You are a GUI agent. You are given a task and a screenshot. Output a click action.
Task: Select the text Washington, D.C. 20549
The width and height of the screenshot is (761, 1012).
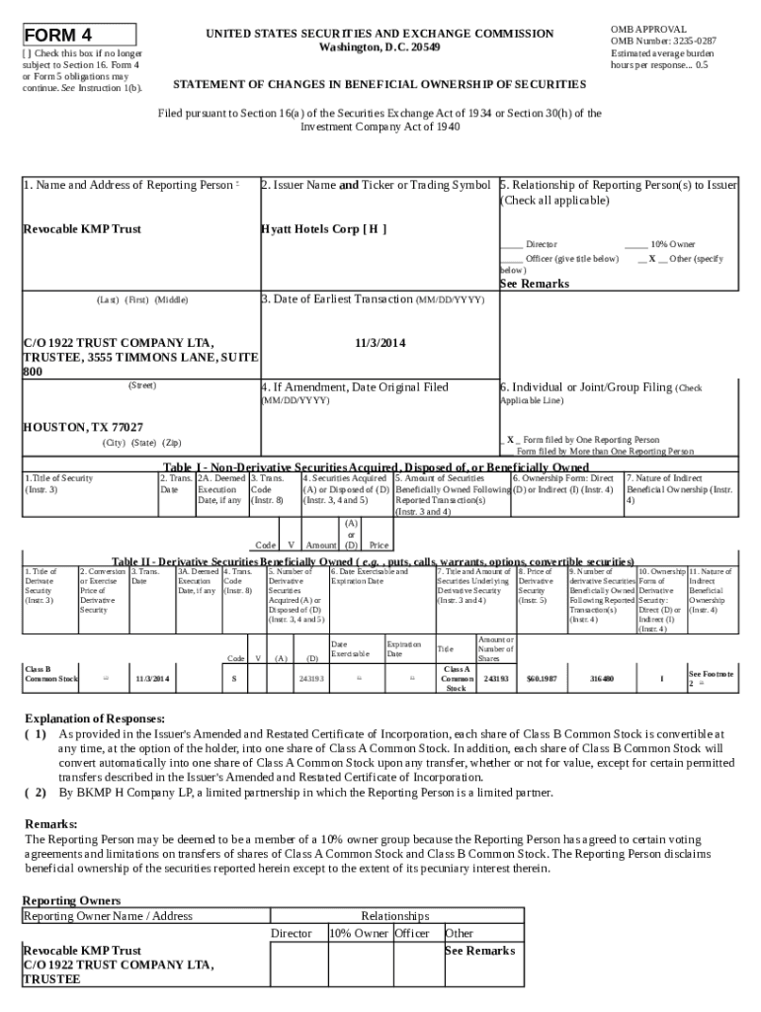point(380,47)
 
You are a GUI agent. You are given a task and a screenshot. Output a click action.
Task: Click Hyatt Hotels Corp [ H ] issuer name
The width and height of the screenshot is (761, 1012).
point(323,228)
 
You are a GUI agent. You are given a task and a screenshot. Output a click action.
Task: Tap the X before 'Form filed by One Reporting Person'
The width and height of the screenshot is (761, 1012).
point(510,439)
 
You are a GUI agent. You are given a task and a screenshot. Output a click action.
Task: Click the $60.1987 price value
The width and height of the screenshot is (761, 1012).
point(542,679)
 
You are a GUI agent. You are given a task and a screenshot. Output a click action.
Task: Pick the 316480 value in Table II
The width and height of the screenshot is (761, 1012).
point(601,679)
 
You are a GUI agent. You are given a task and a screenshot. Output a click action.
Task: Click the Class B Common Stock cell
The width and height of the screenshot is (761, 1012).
point(50,674)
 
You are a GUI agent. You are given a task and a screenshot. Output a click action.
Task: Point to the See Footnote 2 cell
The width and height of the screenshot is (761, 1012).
point(711,678)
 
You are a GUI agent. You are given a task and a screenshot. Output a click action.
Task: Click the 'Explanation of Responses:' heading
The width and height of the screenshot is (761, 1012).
point(94,718)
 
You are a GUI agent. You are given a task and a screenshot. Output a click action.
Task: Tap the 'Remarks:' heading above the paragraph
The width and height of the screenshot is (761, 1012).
point(50,823)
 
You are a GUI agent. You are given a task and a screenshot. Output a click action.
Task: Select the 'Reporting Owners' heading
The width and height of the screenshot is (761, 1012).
point(71,900)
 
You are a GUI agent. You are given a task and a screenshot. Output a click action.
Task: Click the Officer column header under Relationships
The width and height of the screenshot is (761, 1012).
point(412,933)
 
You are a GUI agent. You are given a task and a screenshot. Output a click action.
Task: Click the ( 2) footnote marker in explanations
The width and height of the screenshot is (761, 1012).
point(36,793)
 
